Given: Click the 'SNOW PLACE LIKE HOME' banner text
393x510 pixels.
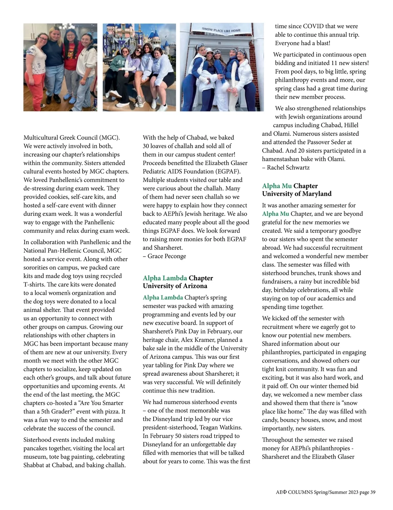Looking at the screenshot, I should [x=221, y=30].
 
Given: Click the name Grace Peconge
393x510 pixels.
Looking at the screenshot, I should [x=167, y=256].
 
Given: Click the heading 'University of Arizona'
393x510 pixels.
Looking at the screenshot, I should [x=175, y=286].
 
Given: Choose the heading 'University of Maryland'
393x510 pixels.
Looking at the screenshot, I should [x=297, y=194].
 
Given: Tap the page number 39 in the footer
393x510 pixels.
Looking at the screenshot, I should [x=373, y=492].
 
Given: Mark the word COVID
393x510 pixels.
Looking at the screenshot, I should [x=313, y=27].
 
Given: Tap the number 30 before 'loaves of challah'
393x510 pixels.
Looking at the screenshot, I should [x=146, y=146].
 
